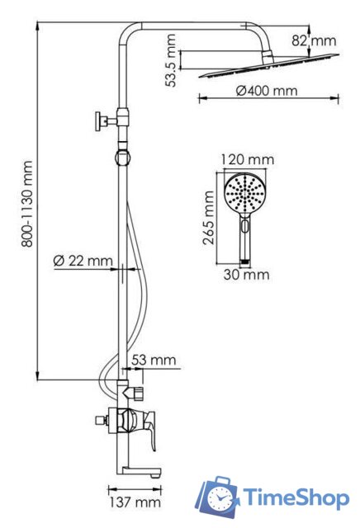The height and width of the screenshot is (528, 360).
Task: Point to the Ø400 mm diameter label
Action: (x=266, y=90)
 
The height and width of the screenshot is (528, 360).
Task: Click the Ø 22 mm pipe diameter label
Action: (x=83, y=261)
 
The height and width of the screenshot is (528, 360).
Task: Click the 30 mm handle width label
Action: (x=245, y=274)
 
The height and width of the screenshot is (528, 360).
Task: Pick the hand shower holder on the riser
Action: (x=124, y=155)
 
